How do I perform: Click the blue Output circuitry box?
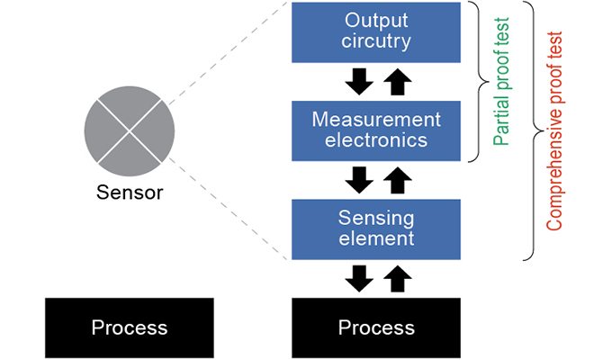pos(376,31)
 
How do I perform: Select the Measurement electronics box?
pos(376,130)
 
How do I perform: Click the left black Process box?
pos(130,326)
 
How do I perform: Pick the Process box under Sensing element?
pos(376,326)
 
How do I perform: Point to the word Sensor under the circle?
pos(130,192)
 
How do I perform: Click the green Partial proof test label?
pos(502,81)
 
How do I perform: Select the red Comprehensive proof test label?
pos(555,130)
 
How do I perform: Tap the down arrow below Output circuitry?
pos(359,82)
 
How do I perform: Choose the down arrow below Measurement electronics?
pos(359,180)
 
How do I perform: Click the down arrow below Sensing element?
pos(359,277)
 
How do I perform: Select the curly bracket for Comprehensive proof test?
pos(532,130)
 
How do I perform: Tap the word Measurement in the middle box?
pos(376,120)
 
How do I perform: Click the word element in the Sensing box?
pos(376,238)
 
